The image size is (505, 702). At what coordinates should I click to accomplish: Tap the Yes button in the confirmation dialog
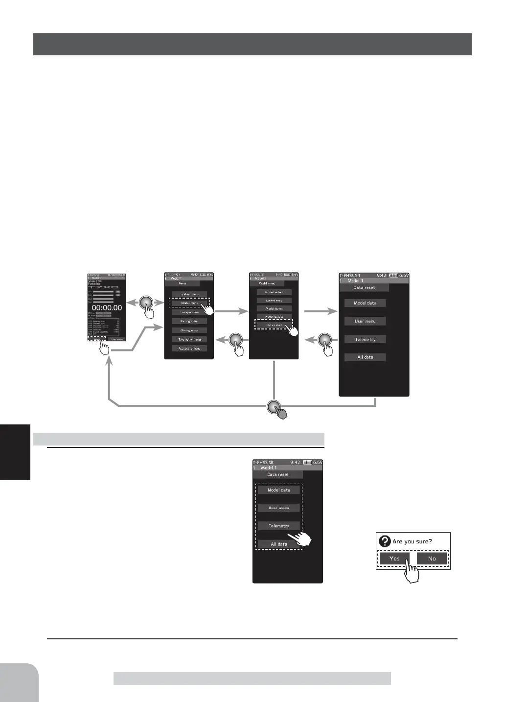pos(394,559)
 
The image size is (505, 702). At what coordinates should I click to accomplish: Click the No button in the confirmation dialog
pos(432,559)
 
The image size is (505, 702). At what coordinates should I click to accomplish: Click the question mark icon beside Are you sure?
pos(385,541)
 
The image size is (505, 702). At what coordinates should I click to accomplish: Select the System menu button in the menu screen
pos(189,294)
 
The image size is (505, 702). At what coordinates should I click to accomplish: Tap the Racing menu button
pos(189,321)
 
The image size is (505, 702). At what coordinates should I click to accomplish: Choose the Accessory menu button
pos(189,348)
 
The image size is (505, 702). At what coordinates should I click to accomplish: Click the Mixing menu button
pos(189,330)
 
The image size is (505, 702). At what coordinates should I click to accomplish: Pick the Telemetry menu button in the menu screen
pos(189,339)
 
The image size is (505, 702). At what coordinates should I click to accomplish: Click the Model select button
pos(274,292)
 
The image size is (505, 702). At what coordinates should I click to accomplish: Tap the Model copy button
pos(274,301)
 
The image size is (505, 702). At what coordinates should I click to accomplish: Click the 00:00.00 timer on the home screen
pos(107,308)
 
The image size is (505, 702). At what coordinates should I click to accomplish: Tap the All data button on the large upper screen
pos(365,357)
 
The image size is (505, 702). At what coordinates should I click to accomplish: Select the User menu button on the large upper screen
pos(365,321)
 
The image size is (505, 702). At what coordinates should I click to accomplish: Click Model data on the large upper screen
pos(365,303)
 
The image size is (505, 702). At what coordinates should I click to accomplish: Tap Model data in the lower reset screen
pos(279,490)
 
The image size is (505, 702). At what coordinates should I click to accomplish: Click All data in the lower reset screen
pos(279,544)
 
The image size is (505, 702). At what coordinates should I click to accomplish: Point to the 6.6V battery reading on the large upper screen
pos(403,276)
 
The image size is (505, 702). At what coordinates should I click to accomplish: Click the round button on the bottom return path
pos(274,407)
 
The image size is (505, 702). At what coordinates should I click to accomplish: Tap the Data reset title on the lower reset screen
pos(277,474)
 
